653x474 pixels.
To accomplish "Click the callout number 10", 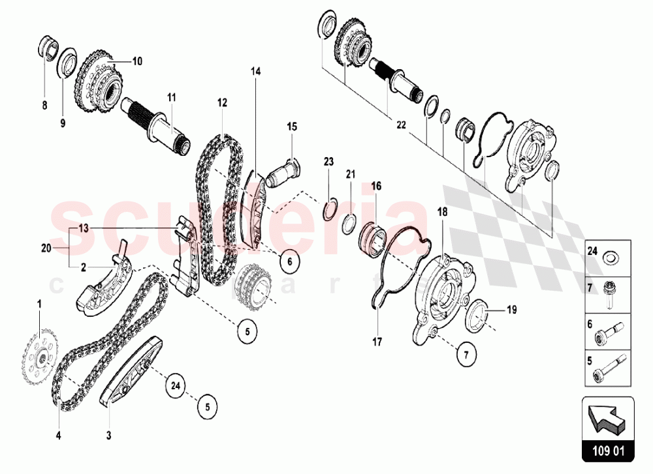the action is pos(136,61).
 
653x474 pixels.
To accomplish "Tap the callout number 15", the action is pos(292,126).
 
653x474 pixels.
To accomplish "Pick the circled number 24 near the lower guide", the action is pos(174,385).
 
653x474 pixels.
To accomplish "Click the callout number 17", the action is pos(377,342).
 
